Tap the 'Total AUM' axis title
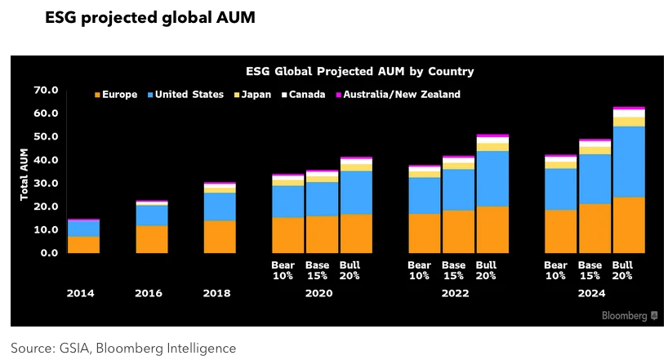coord(24,171)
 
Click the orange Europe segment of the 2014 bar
coord(84,244)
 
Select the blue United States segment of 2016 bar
coord(152,215)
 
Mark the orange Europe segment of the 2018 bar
coord(220,237)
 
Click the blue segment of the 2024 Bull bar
coord(628,162)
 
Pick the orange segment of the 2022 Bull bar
coord(492,229)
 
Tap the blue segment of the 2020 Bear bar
coord(288,202)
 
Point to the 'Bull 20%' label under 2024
coord(622,270)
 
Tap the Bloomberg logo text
coord(625,315)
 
